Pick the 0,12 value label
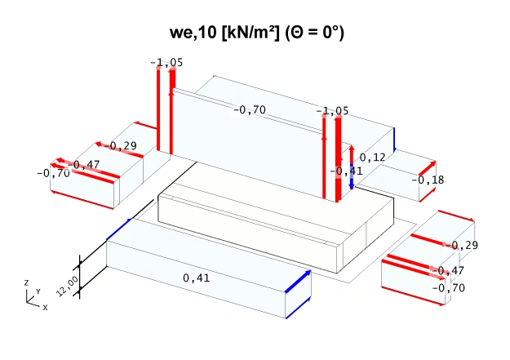(372, 157)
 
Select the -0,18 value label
(428, 180)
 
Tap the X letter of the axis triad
(45, 308)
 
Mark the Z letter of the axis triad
(26, 282)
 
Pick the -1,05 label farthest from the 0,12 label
(166, 63)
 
